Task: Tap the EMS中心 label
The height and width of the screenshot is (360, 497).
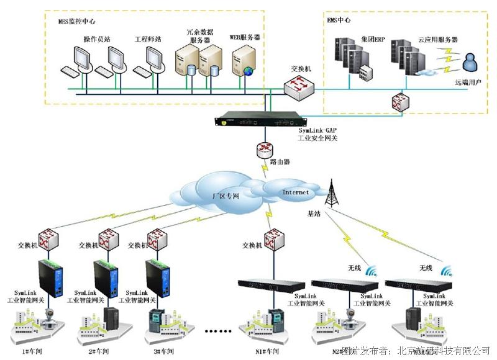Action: pyautogui.click(x=339, y=20)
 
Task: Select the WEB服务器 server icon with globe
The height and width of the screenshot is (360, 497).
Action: pyautogui.click(x=243, y=63)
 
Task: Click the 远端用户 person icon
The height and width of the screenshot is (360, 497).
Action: pyautogui.click(x=470, y=63)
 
